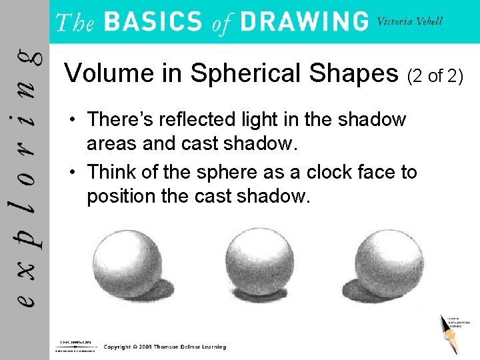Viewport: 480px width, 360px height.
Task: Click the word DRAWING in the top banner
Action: tap(304, 21)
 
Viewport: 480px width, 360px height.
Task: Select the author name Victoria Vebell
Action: tap(410, 20)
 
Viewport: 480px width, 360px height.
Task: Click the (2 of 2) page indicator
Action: tap(435, 76)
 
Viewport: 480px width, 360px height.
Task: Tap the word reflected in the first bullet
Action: tap(196, 119)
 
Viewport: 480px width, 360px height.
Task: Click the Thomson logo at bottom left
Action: tap(74, 344)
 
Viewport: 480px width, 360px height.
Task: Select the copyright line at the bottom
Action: tap(165, 347)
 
